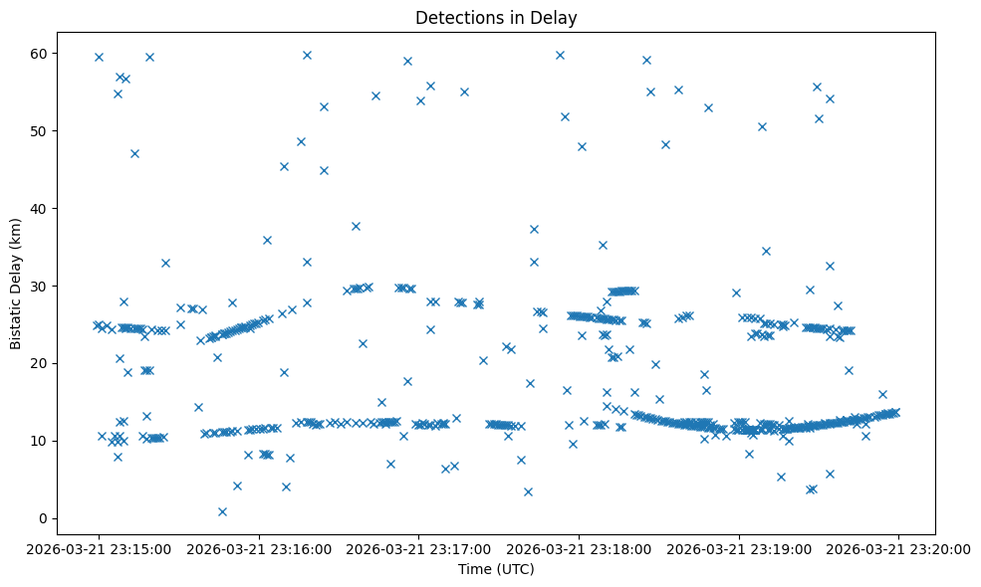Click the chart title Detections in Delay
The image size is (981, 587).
tap(496, 18)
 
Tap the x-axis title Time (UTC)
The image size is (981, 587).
tap(496, 569)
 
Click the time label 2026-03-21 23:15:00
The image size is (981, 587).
tap(99, 547)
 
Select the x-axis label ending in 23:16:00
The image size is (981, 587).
tap(259, 547)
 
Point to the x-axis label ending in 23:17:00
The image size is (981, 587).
tap(418, 547)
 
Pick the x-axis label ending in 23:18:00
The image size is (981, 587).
tap(579, 547)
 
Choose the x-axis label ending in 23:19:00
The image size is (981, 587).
tap(739, 547)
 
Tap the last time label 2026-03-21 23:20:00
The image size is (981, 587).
tap(898, 547)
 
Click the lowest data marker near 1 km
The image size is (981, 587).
tap(222, 511)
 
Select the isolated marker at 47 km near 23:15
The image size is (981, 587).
tap(134, 153)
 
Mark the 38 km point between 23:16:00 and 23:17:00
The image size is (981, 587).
tap(356, 226)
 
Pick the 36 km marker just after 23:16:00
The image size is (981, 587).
tap(267, 240)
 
